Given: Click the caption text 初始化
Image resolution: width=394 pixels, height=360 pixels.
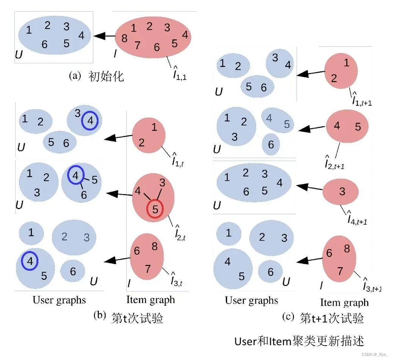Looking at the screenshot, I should click(x=106, y=77).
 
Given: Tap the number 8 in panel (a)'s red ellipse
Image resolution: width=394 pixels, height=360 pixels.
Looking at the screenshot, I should click(x=124, y=38).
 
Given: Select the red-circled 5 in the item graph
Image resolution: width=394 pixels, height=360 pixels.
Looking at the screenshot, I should click(x=155, y=209).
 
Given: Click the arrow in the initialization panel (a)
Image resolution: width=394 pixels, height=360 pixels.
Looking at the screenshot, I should click(x=104, y=36).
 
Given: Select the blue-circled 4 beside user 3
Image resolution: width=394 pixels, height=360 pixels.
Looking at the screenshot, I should click(x=90, y=121).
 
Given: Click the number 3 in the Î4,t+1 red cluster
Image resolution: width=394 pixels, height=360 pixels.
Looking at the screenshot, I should click(x=342, y=191).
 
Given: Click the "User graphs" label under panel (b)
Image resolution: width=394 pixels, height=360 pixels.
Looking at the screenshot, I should click(x=59, y=301).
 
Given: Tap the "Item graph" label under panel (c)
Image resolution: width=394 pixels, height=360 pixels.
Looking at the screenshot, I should click(x=344, y=302).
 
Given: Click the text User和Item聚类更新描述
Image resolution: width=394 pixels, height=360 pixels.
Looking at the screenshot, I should click(x=299, y=341).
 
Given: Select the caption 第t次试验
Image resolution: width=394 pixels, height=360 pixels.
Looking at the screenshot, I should click(x=137, y=318).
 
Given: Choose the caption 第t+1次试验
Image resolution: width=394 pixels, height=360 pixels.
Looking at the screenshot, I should click(x=331, y=318).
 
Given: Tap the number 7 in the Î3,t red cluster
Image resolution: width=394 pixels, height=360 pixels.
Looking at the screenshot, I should click(x=148, y=269).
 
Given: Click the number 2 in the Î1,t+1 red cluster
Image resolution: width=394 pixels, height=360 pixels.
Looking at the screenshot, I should click(x=334, y=78).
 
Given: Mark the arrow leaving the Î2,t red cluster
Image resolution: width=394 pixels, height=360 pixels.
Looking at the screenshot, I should click(x=119, y=194).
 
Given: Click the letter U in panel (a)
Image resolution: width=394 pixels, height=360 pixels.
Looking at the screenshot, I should click(x=19, y=55).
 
